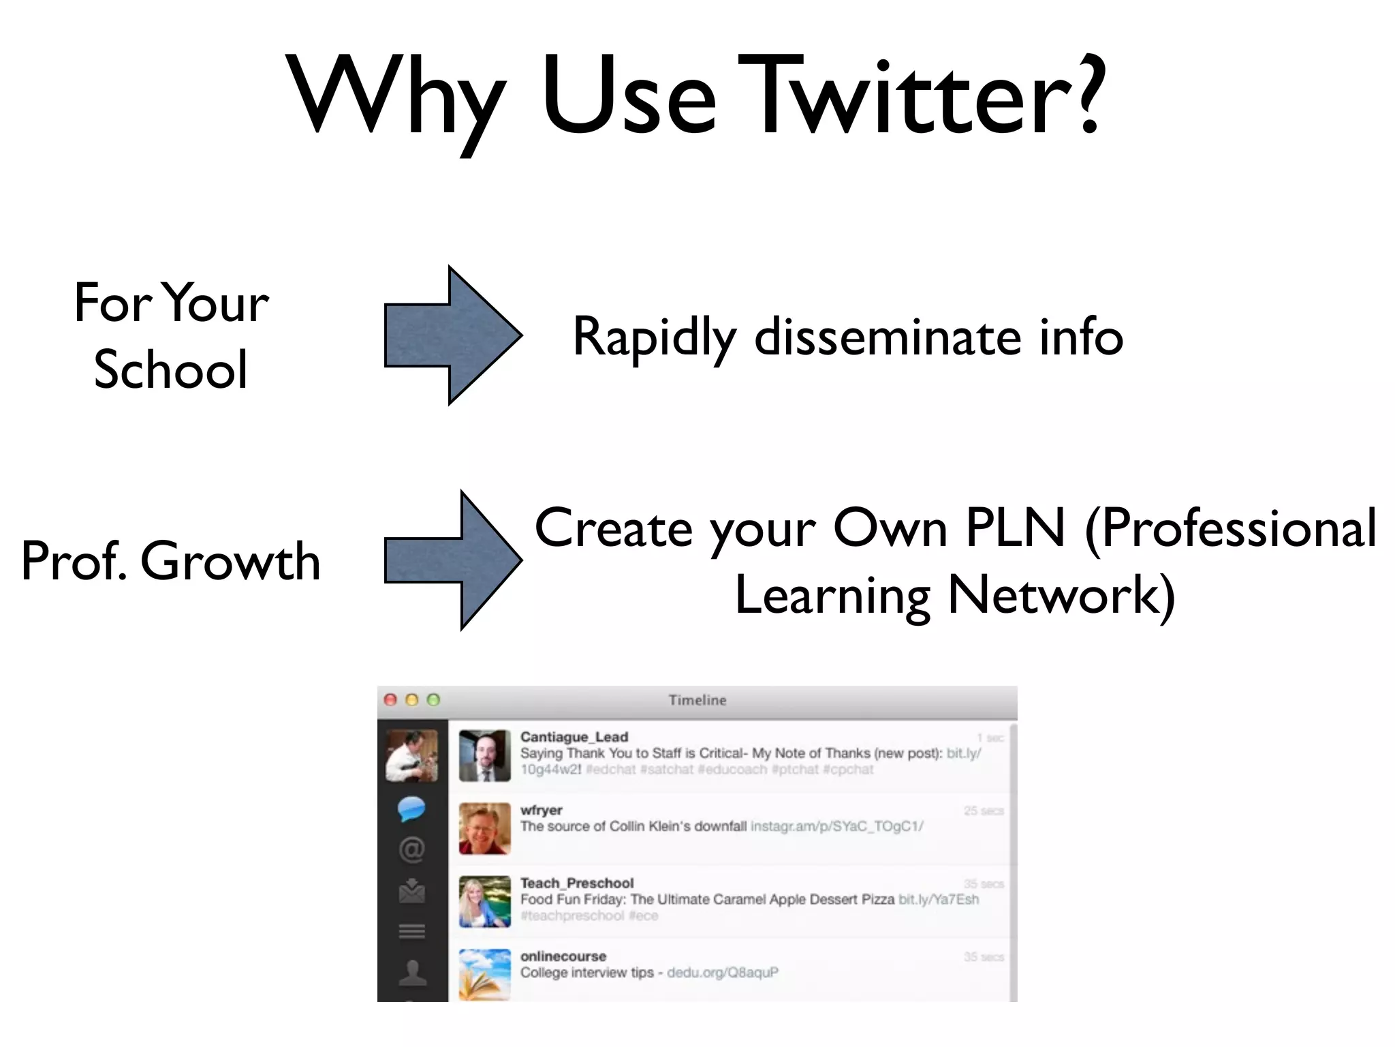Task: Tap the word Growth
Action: point(230,562)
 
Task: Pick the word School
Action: point(170,369)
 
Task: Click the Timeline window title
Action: point(697,700)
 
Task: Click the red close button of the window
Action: point(390,700)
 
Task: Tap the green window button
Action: point(433,700)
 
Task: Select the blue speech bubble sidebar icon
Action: point(411,809)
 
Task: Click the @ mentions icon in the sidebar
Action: point(411,850)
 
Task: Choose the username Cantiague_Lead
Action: point(574,737)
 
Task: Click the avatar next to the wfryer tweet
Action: point(484,828)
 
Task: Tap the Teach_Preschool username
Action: point(576,883)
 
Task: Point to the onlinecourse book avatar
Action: point(484,975)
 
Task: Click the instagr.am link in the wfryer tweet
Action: point(836,827)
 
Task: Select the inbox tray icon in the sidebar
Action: point(411,891)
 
